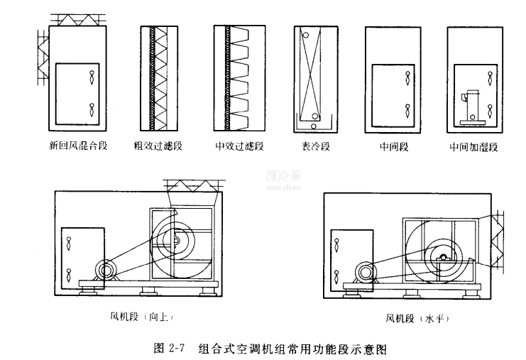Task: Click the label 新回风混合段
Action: point(77,148)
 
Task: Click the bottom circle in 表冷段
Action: point(314,116)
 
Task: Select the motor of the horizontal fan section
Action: point(367,271)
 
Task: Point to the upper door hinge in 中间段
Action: point(407,73)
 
